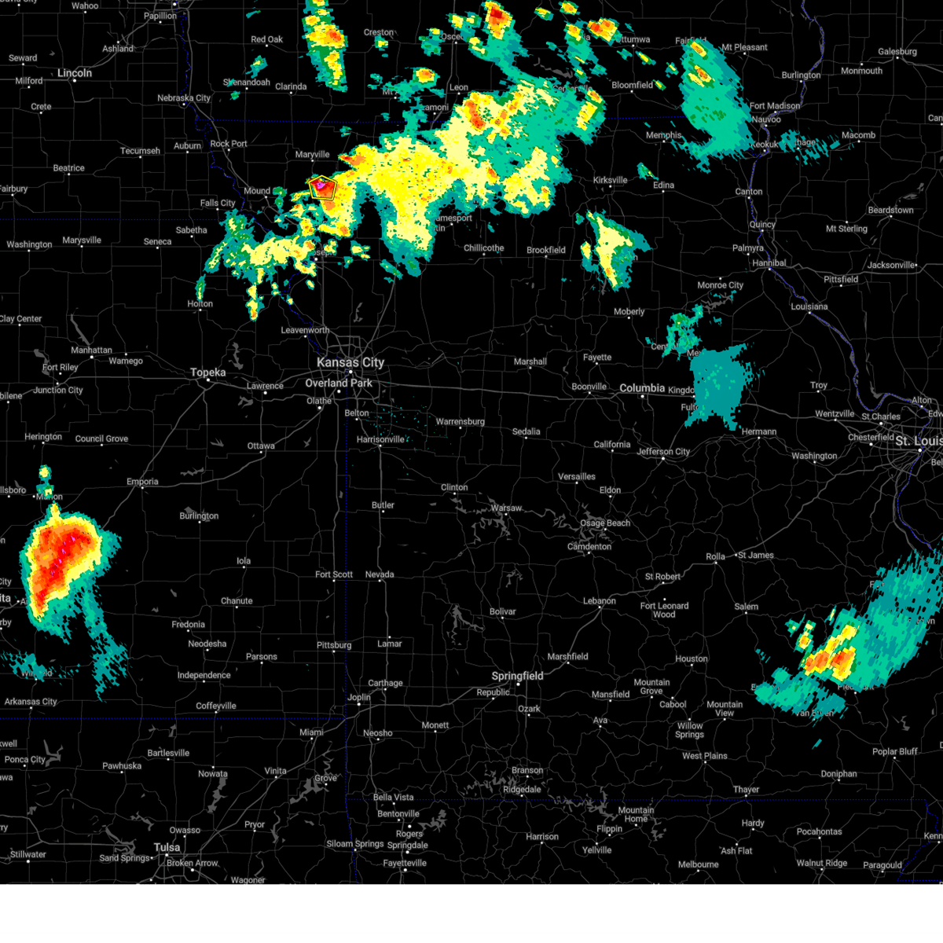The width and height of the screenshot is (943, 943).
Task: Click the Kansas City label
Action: [x=350, y=362]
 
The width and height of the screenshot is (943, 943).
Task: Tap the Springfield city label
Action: [x=517, y=676]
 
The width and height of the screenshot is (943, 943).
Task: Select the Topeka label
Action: [x=208, y=372]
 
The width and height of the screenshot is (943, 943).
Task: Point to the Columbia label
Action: [x=642, y=388]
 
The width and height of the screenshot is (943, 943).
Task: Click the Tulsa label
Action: [x=167, y=847]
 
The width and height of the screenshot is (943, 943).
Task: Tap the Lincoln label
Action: [x=75, y=73]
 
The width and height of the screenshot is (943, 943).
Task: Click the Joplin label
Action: [x=359, y=697]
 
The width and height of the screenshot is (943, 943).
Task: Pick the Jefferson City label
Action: [x=663, y=452]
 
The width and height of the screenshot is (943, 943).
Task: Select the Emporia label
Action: [x=142, y=482]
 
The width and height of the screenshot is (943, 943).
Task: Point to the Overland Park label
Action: [x=339, y=383]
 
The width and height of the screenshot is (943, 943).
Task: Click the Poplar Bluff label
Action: [x=894, y=752]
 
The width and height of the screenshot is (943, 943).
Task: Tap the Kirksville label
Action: [x=610, y=180]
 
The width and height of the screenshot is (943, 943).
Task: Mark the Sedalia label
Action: [x=526, y=431]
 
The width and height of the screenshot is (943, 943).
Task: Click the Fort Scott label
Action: [x=334, y=574]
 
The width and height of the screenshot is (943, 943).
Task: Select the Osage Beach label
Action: [x=605, y=523]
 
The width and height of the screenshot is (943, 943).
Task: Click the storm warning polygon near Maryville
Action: [x=323, y=187]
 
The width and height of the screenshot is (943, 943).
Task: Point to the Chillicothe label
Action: [x=483, y=248]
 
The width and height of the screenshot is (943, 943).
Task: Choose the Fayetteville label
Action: [x=405, y=863]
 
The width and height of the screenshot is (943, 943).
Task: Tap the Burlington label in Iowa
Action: [x=801, y=75]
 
